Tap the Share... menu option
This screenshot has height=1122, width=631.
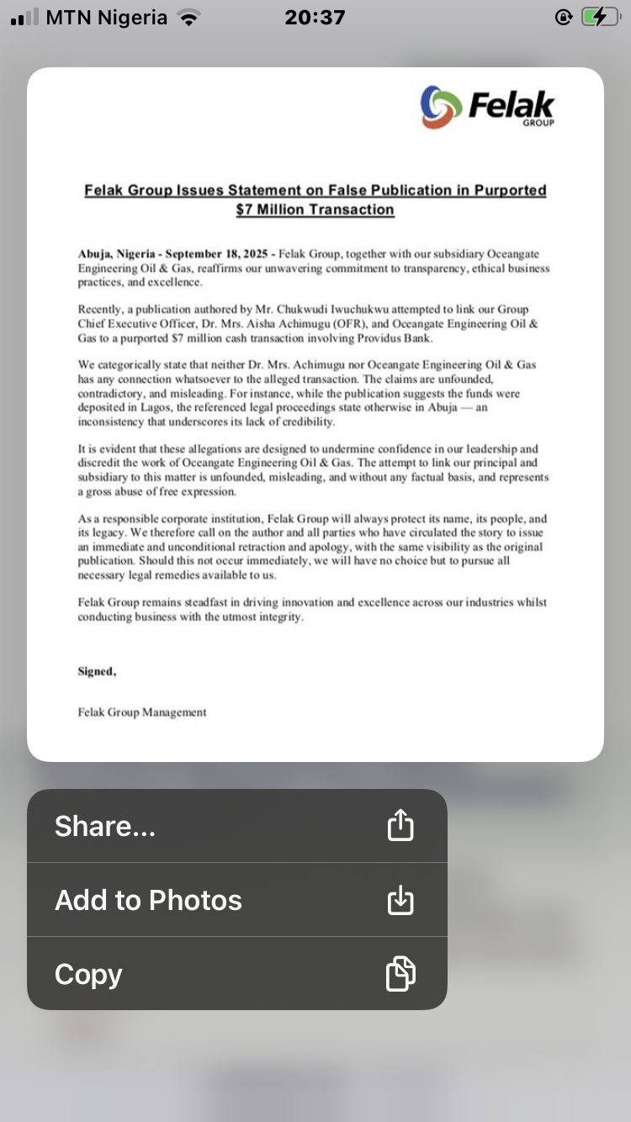click(105, 826)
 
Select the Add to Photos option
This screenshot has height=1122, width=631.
click(148, 900)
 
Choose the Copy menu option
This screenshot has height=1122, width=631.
click(88, 974)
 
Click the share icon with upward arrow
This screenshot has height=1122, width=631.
click(400, 825)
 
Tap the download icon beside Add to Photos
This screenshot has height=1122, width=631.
click(400, 900)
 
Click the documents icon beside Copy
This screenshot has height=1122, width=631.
click(400, 974)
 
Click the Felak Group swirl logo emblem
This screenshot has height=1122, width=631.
click(442, 107)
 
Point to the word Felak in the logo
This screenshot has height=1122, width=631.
click(511, 104)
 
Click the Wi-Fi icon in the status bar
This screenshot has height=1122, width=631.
click(189, 18)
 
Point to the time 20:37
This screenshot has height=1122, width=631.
click(315, 18)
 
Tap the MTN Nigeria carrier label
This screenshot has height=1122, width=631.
click(107, 18)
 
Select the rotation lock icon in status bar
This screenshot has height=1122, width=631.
click(563, 18)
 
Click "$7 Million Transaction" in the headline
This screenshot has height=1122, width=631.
click(315, 209)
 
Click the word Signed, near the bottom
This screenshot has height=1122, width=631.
click(97, 671)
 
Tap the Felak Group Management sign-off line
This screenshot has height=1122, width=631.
click(142, 712)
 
